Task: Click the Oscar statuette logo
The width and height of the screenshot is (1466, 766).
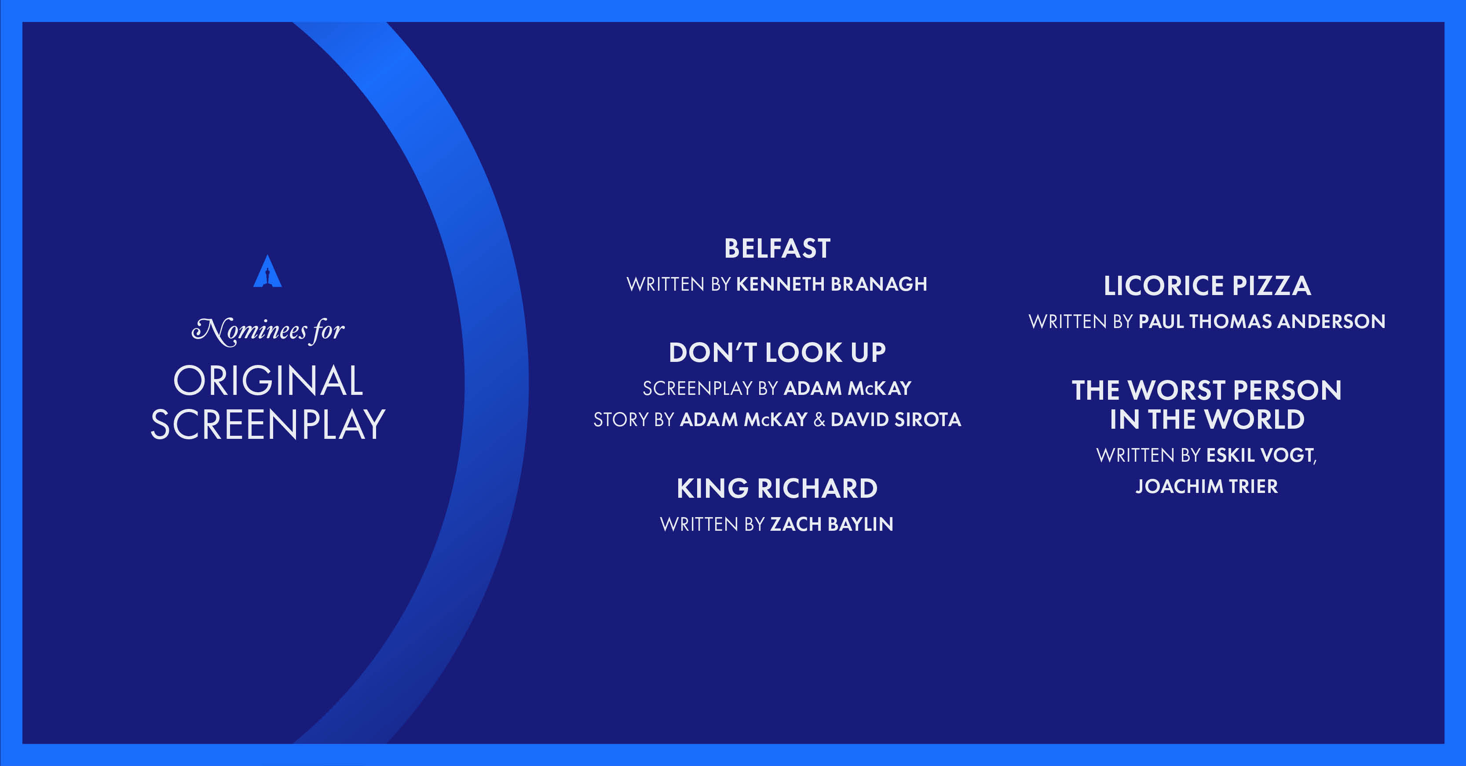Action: click(267, 271)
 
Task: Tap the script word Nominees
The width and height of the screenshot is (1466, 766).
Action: click(249, 331)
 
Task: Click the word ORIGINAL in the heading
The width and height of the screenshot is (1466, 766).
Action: click(268, 381)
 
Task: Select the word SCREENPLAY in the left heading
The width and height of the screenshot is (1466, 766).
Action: click(268, 424)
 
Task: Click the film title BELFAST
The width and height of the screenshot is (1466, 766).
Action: click(777, 249)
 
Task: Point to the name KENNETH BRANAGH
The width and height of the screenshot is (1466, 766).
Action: click(831, 284)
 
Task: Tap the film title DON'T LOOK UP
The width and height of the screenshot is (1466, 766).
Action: click(777, 353)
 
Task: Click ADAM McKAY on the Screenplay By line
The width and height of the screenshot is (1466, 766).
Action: click(848, 388)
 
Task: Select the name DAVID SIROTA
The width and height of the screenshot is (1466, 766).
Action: click(896, 419)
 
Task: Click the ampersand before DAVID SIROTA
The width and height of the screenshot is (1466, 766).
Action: click(819, 419)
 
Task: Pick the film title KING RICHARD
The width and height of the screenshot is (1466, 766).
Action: click(777, 488)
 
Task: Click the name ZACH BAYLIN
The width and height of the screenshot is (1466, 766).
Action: click(831, 524)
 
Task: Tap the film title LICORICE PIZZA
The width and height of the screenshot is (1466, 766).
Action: click(1207, 286)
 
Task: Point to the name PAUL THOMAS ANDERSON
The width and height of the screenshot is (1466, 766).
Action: click(1262, 321)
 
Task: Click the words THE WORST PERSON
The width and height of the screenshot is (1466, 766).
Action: click(1207, 390)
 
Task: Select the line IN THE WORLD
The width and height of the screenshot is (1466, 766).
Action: click(1207, 420)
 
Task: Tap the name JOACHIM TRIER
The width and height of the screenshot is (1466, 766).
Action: click(1207, 487)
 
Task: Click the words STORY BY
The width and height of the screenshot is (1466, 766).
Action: click(633, 419)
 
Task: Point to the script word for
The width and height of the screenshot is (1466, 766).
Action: click(328, 331)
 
